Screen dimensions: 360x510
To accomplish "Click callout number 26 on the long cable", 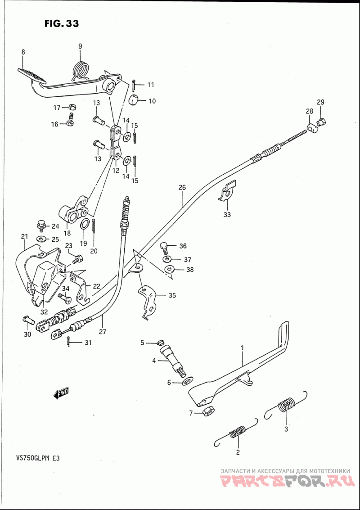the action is [x=182, y=187].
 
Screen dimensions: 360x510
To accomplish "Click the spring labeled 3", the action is [x=286, y=406].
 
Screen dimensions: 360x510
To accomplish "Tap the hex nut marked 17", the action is [x=72, y=107].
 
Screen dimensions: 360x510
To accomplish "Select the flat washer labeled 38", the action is [x=169, y=270].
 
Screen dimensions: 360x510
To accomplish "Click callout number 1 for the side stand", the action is [x=242, y=348].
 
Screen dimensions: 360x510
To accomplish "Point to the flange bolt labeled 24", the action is [x=40, y=226].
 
